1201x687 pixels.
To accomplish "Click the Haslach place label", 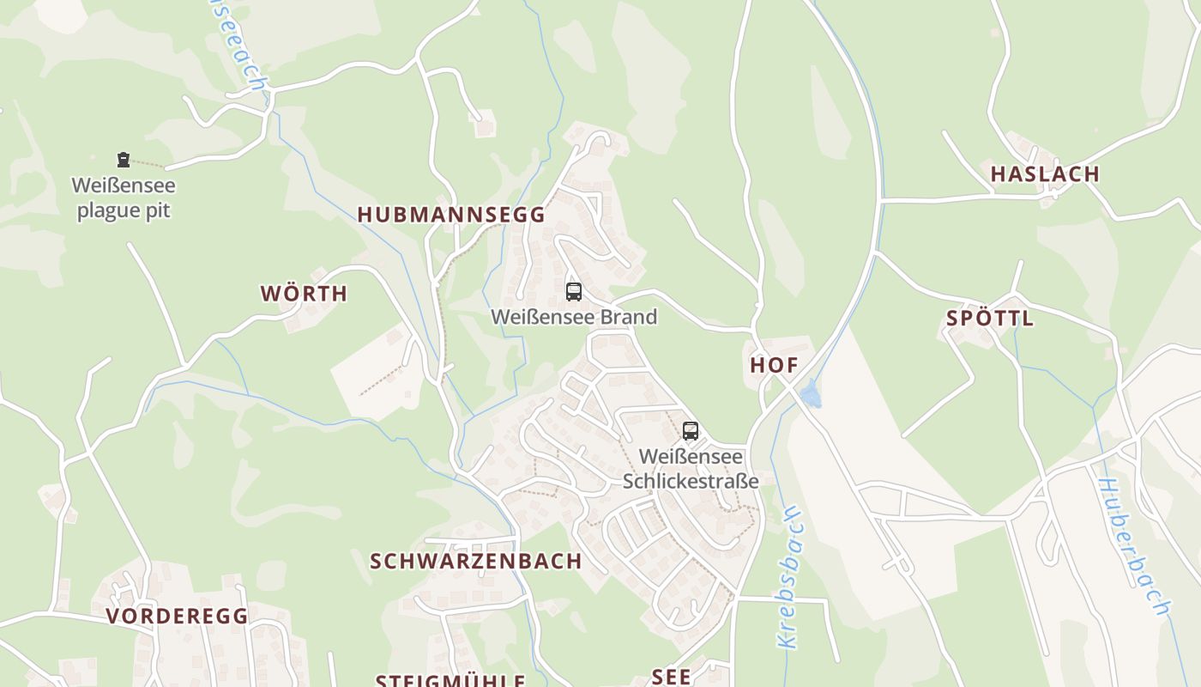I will point(1045,174).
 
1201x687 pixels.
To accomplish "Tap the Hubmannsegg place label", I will point(451,215).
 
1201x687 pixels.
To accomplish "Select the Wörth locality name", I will point(305,294).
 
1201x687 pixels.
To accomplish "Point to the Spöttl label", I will point(990,319).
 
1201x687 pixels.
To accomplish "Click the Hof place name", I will point(774,365).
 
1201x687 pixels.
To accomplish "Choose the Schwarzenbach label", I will point(475,562).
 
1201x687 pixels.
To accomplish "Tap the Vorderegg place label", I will point(178,616).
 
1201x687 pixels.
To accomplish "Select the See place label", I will point(671,677).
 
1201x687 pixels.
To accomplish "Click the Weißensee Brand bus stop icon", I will point(574,291).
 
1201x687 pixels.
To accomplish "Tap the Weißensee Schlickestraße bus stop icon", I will point(691,430).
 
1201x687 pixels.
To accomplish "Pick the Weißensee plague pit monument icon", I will point(124,159).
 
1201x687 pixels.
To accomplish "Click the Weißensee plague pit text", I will point(124,198).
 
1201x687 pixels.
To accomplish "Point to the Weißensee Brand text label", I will point(574,317).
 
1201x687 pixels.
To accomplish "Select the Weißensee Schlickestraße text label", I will point(691,469).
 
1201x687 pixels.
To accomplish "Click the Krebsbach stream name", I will point(790,575).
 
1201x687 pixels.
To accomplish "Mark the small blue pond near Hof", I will point(810,395).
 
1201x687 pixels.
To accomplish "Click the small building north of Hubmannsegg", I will point(486,125).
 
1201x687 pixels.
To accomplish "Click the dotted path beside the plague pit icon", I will point(148,162).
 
